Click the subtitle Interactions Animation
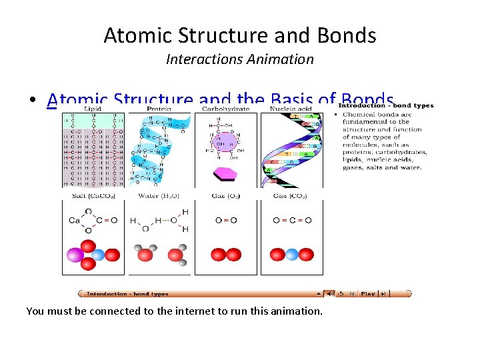239,59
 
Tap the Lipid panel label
91,109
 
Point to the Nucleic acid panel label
290,109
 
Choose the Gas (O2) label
225,196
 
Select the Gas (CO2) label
290,196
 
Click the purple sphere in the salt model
73,255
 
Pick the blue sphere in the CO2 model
291,255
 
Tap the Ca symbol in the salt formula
73,221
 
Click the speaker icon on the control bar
329,293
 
